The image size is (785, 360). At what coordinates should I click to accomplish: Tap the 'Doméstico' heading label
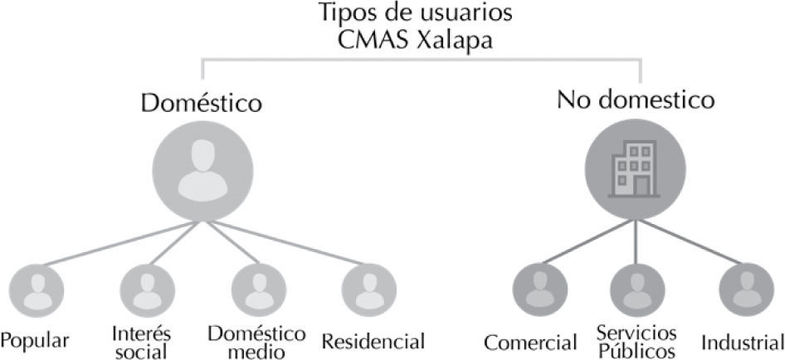201,104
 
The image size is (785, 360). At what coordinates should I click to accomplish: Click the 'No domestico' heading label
636,100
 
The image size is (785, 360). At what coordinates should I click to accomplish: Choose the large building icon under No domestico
635,171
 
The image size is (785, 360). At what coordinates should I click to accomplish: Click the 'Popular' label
35,341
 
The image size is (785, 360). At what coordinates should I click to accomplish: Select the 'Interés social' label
140,342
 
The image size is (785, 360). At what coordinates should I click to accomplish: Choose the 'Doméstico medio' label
256,342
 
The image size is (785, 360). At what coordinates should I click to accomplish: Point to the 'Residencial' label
373,341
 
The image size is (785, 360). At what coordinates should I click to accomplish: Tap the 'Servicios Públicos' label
636,342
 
